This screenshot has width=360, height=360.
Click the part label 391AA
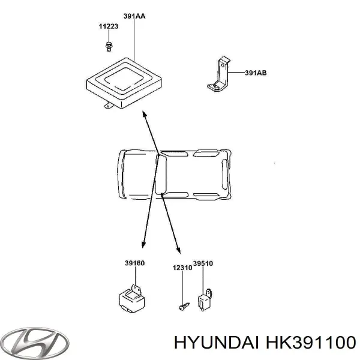coord(133,16)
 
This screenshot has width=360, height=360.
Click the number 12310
coord(182,268)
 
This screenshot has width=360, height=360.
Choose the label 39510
coord(203,263)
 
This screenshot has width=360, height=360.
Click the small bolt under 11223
coord(109,45)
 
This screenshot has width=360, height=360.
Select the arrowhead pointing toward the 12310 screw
coord(178,251)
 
